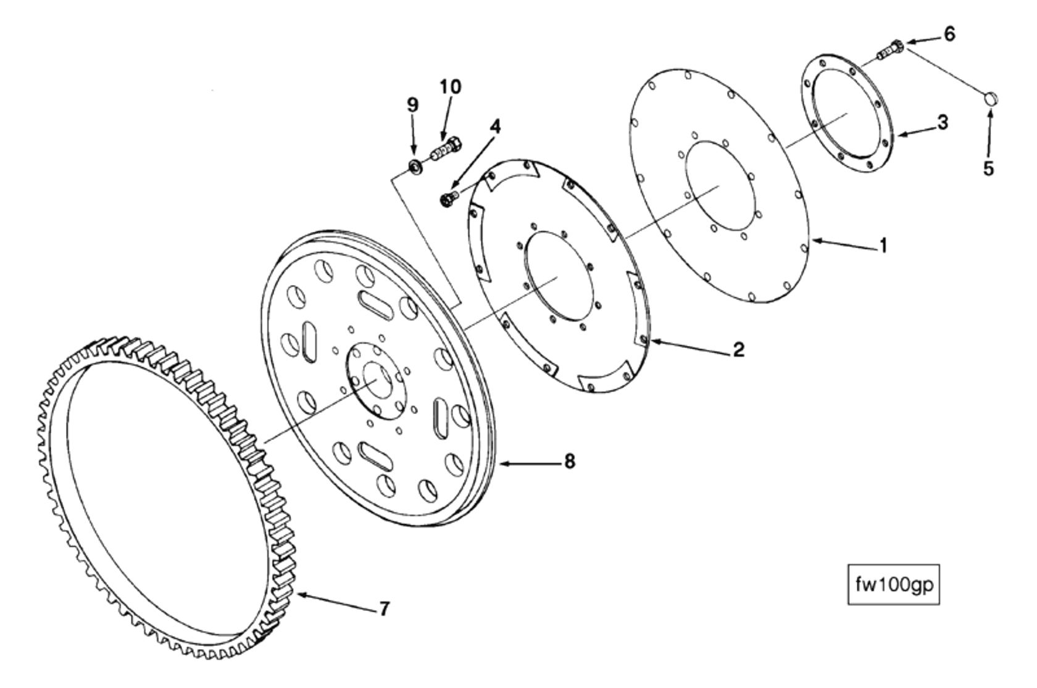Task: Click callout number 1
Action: coord(883,246)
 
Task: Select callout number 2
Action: coord(738,349)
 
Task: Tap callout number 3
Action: coord(942,122)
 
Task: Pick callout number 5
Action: coord(988,168)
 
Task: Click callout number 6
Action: coord(949,34)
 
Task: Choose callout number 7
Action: coord(384,609)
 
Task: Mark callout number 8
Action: coord(569,460)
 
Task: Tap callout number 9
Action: coord(412,105)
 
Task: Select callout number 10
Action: coord(450,86)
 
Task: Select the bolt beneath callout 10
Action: coord(444,149)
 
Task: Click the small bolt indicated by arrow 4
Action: coord(448,199)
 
